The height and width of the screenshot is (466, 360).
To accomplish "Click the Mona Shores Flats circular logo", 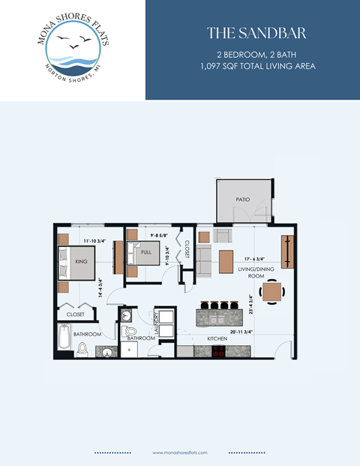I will click(x=73, y=50).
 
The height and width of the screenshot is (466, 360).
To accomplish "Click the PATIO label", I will click(x=242, y=200).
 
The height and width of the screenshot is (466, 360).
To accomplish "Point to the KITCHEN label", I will click(x=217, y=339).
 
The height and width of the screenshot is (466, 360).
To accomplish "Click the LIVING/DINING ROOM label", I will click(x=253, y=272).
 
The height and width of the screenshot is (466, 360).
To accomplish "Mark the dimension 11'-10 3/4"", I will click(x=98, y=241).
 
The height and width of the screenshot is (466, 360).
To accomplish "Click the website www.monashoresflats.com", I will click(x=179, y=452).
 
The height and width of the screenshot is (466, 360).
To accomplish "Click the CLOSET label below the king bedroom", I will click(x=75, y=314).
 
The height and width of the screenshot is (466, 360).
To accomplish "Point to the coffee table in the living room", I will click(x=225, y=263).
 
